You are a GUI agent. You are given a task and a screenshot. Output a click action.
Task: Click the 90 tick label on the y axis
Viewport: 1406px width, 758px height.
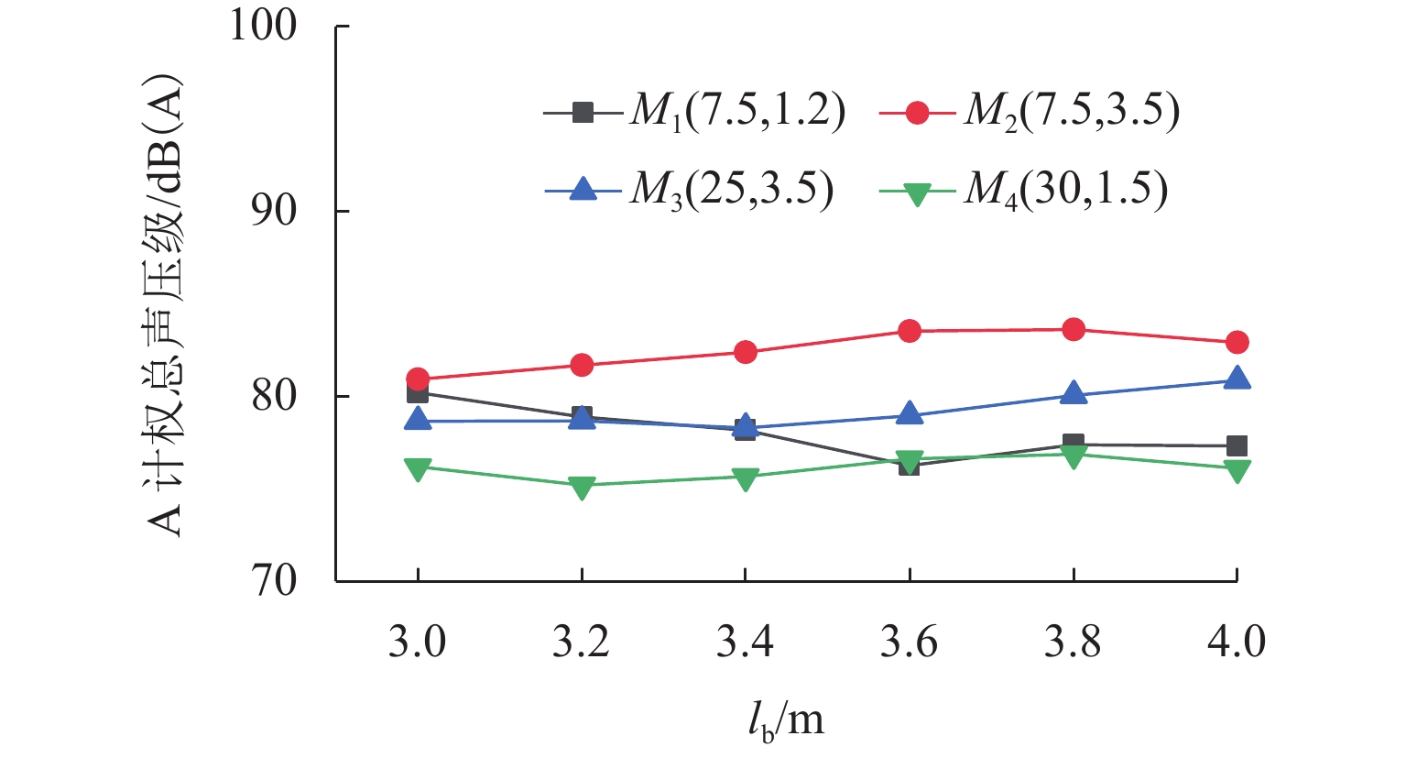click(274, 212)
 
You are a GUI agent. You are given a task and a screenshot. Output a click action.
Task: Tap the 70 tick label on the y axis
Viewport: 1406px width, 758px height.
click(274, 581)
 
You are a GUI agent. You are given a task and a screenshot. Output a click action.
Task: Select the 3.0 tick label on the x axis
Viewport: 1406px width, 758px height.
click(418, 642)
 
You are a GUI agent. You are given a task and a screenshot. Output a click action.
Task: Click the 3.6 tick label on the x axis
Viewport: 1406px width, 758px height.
click(909, 642)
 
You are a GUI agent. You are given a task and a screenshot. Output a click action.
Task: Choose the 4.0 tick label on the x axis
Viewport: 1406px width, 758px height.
click(1237, 642)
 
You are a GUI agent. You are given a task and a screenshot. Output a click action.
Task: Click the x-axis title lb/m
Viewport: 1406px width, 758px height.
click(785, 720)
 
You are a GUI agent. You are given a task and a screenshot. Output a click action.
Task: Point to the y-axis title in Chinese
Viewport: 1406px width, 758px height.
click(165, 306)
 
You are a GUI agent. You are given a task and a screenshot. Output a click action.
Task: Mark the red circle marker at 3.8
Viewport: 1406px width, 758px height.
click(1074, 329)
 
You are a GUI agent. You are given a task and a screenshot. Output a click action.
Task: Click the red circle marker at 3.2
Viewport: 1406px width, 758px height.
click(582, 365)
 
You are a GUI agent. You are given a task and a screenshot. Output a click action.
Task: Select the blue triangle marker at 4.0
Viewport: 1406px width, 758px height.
click(1237, 379)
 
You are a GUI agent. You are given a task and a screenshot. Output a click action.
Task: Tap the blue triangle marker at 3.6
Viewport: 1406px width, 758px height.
click(910, 413)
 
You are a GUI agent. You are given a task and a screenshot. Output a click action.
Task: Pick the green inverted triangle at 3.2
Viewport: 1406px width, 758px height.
click(582, 488)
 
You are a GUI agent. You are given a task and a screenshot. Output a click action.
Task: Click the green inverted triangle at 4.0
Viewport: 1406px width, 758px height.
click(1237, 470)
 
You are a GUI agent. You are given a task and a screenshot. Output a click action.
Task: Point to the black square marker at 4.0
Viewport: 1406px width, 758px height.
click(1237, 445)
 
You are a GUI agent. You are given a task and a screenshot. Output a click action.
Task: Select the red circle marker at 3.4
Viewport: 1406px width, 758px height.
click(745, 352)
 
